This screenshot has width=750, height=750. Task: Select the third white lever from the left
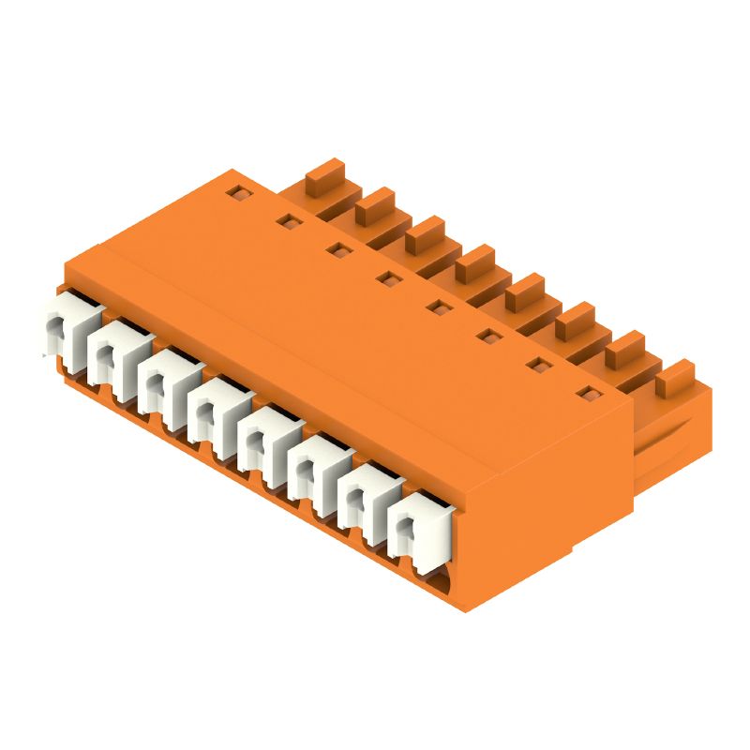(x=162, y=380)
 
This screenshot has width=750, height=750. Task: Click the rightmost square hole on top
(x=586, y=393)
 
